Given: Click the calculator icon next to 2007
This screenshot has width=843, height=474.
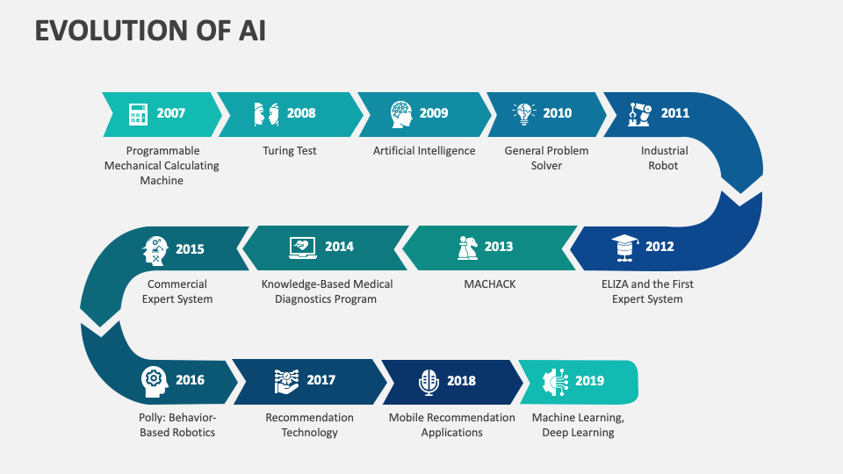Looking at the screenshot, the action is (x=138, y=114).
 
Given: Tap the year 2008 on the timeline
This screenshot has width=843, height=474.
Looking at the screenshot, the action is (x=301, y=113).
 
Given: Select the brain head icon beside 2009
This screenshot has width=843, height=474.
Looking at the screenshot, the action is (x=401, y=114).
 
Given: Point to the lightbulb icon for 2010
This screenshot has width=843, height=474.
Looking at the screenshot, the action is (x=523, y=113).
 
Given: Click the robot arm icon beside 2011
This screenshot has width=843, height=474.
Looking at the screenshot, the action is (x=640, y=114).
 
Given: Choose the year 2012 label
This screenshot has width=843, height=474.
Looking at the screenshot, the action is (x=659, y=246).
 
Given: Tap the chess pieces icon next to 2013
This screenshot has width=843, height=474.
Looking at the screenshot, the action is (x=467, y=248).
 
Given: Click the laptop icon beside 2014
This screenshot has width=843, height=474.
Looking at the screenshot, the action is (x=303, y=248).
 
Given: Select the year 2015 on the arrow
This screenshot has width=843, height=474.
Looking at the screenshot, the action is (x=190, y=248).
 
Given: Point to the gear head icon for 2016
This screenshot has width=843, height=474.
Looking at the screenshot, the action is (x=154, y=382).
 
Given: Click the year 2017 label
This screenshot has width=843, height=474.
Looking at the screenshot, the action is (x=321, y=380).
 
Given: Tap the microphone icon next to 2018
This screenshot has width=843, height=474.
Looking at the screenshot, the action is (x=429, y=382).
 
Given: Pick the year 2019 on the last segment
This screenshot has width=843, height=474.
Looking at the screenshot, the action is (x=590, y=380).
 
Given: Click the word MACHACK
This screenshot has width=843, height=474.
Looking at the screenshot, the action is (x=490, y=284).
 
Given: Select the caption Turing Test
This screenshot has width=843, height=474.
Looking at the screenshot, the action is (x=289, y=150).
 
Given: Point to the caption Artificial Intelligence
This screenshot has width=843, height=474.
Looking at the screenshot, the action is (x=424, y=150).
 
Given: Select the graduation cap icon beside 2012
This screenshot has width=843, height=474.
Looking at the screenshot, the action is (x=624, y=248).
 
